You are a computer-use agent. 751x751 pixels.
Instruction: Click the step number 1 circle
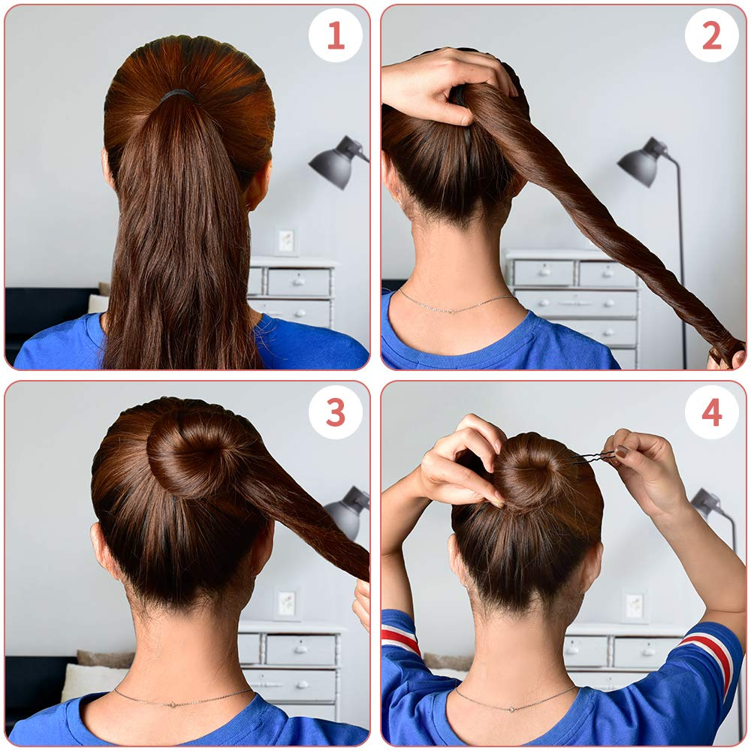(336, 35)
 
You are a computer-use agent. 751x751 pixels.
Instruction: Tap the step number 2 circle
(711, 35)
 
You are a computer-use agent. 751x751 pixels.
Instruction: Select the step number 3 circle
(336, 412)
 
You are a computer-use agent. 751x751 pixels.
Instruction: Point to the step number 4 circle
(711, 412)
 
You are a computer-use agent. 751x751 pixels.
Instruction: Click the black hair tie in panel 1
(177, 94)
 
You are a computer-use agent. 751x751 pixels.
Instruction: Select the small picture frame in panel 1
(286, 241)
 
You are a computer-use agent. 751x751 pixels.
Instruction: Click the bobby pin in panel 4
(593, 457)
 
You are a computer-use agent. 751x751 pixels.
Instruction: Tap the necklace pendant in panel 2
(449, 310)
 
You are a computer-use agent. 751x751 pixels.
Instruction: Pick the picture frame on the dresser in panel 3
(285, 603)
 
